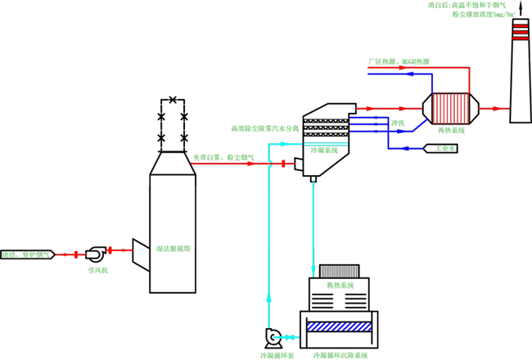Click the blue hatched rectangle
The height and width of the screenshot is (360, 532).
(340, 326)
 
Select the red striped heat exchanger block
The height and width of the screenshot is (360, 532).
(450, 108)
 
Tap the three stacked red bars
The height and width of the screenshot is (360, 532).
(521, 32)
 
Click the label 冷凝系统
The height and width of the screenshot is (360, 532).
(324, 151)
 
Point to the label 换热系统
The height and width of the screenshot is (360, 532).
(340, 286)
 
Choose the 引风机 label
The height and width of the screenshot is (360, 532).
(97, 269)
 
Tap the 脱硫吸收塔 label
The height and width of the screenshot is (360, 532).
(173, 248)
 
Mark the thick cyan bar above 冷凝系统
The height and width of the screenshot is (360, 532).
(326, 144)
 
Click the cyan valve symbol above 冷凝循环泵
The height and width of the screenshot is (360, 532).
(286, 337)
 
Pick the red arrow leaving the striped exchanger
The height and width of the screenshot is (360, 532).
(494, 108)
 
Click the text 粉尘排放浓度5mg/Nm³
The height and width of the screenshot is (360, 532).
(484, 15)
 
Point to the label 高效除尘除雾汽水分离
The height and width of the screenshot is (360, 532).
(264, 128)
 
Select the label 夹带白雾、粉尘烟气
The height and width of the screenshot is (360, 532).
(223, 156)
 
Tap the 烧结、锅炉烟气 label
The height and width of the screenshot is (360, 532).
(25, 254)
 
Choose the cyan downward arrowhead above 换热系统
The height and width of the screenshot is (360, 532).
(313, 271)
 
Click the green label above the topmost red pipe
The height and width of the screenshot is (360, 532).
(400, 61)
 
